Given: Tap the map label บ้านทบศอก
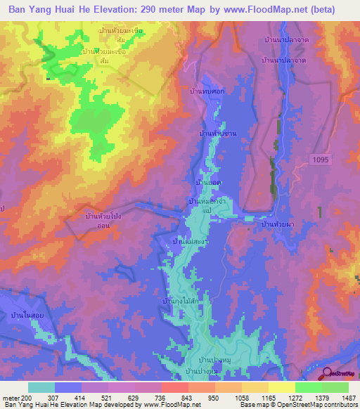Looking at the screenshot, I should point(205,92).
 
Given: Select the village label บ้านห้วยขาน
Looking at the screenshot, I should point(215,133).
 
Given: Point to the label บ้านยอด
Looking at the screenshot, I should point(209,182).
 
